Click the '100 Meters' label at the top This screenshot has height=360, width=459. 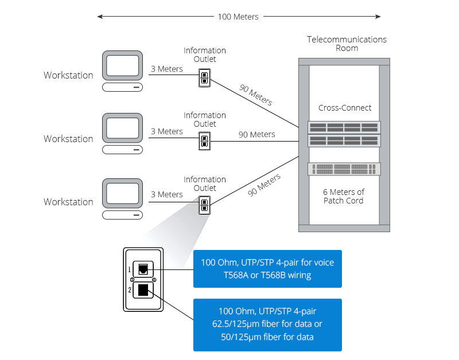pyautogui.click(x=238, y=17)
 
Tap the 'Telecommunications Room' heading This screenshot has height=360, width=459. pyautogui.click(x=347, y=44)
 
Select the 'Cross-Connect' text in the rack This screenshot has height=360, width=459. pyautogui.click(x=345, y=108)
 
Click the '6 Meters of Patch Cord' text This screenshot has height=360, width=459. pyautogui.click(x=344, y=196)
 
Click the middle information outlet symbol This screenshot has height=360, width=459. pyautogui.click(x=204, y=141)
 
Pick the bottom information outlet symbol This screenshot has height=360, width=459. pyautogui.click(x=204, y=205)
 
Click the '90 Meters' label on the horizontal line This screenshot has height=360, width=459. pyautogui.click(x=256, y=135)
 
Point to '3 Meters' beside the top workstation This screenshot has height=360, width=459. pyautogui.click(x=166, y=69)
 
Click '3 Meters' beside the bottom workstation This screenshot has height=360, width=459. pyautogui.click(x=166, y=195)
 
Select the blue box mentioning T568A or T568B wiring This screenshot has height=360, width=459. pyautogui.click(x=267, y=269)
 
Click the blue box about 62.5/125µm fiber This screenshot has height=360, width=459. pyautogui.click(x=267, y=324)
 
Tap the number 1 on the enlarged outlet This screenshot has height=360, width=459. pyautogui.click(x=130, y=268)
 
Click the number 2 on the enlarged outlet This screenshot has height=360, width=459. pyautogui.click(x=130, y=291)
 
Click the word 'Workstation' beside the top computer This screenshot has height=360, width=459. pyautogui.click(x=68, y=75)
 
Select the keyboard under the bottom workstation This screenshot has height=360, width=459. pyautogui.click(x=122, y=215)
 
